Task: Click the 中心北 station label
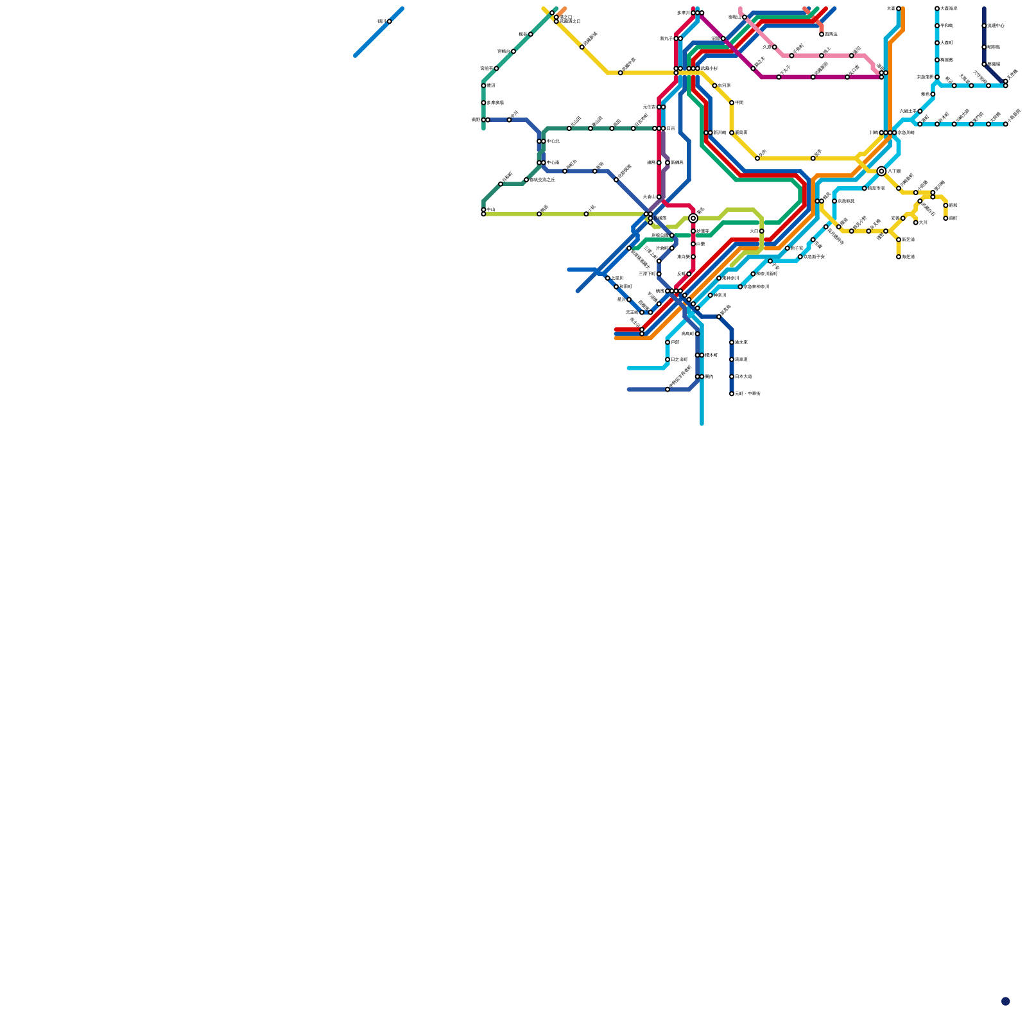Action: click(x=553, y=141)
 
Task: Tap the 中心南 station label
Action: click(x=553, y=162)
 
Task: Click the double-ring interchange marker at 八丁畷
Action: click(x=881, y=171)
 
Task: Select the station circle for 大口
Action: click(x=761, y=231)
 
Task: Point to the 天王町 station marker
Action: click(x=642, y=313)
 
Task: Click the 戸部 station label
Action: click(x=675, y=342)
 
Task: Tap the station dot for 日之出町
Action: click(x=668, y=359)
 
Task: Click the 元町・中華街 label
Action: click(x=748, y=393)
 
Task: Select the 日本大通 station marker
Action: click(x=732, y=377)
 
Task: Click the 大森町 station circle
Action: click(x=937, y=43)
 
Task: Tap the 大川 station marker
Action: click(x=915, y=223)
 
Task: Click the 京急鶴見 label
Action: click(x=846, y=202)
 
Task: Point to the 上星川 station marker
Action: click(x=607, y=278)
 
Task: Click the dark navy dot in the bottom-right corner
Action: click(x=1005, y=1001)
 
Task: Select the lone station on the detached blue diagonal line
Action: click(x=389, y=22)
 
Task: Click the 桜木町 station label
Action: click(x=711, y=355)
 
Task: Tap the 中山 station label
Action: click(x=490, y=209)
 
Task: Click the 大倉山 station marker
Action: click(x=659, y=197)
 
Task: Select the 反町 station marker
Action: click(x=689, y=274)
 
